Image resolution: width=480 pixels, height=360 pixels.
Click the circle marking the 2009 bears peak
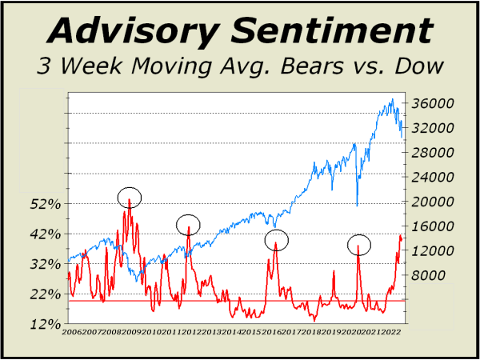[x=129, y=196]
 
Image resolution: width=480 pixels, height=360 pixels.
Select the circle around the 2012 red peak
[x=188, y=225]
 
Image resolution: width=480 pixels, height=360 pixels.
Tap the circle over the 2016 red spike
[x=276, y=239]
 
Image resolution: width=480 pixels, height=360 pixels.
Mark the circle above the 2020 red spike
[x=359, y=244]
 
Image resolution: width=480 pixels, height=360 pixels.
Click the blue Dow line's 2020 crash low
[x=357, y=206]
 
